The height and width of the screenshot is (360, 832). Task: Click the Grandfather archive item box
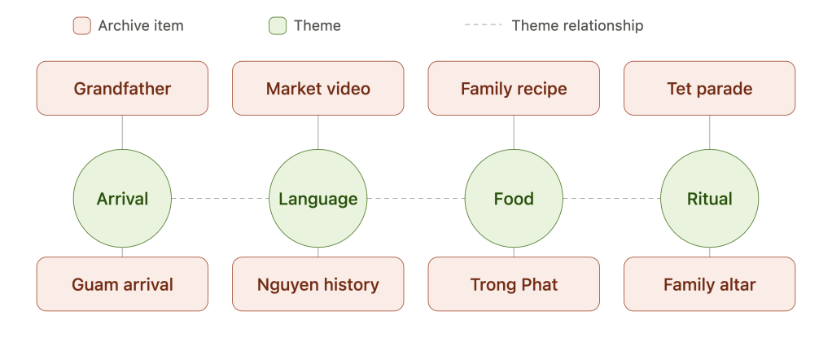pos(122,88)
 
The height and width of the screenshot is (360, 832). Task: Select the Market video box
pos(317,88)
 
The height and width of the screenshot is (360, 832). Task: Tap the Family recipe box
pos(514,88)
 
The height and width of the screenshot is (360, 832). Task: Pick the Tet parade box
pos(709,88)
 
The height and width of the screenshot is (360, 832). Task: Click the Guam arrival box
pos(122,284)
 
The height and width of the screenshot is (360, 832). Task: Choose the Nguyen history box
pos(317,284)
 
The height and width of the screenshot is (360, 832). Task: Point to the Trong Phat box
pos(514,284)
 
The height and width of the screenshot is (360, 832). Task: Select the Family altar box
pos(709,284)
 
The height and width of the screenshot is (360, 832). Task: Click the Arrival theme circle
pos(122,198)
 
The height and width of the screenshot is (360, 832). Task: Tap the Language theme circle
pos(317,198)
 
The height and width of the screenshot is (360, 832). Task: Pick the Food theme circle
pos(514,198)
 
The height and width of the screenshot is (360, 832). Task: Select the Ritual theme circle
pos(709,198)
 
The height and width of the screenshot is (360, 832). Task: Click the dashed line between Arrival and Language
pos(220,198)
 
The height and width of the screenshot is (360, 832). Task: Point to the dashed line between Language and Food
pos(416,198)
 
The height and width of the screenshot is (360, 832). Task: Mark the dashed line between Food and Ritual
pos(612,198)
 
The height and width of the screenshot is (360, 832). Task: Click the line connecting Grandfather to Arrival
pos(122,132)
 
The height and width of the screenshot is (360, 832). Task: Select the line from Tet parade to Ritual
pos(709,132)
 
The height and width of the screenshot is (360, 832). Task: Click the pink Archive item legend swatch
pos(81,25)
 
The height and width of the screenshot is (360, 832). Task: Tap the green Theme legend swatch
pos(278,25)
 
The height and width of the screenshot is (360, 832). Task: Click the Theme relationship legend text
pos(577,25)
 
